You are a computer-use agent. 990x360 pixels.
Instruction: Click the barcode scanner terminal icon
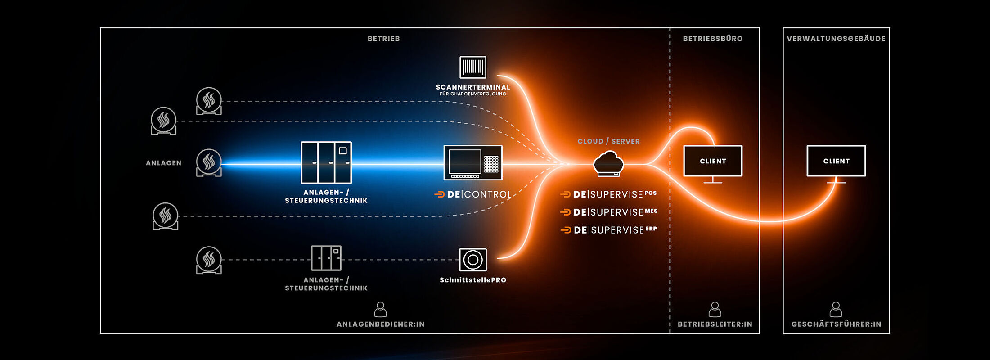point(472,67)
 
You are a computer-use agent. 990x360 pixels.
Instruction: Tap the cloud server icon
point(608,164)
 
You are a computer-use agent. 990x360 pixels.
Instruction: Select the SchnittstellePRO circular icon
point(472,260)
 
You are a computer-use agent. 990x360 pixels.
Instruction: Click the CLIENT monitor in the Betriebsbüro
point(713,161)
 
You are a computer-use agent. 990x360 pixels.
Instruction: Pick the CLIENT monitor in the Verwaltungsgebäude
point(836,161)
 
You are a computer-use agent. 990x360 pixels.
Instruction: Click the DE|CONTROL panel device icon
point(472,162)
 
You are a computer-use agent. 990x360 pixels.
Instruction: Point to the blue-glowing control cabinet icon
point(326,162)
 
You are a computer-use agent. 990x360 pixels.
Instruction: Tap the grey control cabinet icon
point(326,258)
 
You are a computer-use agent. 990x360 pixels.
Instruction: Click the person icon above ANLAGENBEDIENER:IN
point(380,310)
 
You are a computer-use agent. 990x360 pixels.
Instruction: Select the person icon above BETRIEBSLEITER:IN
point(715,310)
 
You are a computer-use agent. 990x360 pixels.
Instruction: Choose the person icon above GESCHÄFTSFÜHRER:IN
point(836,310)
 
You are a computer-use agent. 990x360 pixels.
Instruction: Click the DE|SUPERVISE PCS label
point(608,194)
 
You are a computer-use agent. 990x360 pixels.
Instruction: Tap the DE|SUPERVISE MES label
point(608,212)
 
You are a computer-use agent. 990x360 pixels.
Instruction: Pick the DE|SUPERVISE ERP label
point(609,230)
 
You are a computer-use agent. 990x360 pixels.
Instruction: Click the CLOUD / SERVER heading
point(608,141)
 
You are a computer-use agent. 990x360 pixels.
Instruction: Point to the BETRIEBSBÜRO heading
point(713,39)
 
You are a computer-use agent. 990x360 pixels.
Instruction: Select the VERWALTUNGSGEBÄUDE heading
point(836,39)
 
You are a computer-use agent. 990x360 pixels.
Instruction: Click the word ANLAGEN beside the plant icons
point(163,163)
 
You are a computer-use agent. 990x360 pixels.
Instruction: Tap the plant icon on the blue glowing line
point(209,162)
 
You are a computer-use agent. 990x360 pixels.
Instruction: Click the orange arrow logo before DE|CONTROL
point(439,194)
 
